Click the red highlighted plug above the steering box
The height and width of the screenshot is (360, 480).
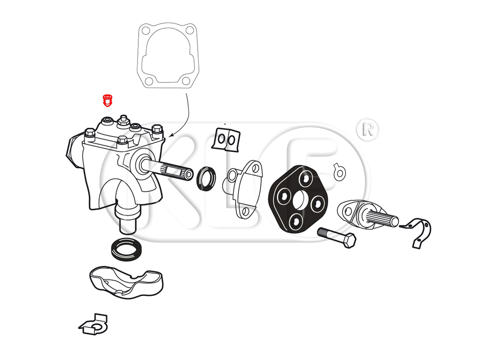click(x=107, y=100)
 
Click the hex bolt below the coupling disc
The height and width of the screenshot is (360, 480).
click(x=337, y=237)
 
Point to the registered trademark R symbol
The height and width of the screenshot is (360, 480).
click(x=367, y=130)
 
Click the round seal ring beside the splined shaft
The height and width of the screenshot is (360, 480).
click(x=206, y=178)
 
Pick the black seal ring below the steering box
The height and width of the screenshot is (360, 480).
click(x=127, y=249)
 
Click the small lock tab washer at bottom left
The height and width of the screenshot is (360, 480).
click(x=93, y=325)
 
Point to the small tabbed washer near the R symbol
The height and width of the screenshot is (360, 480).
click(x=339, y=172)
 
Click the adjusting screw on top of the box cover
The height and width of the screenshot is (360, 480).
click(x=123, y=121)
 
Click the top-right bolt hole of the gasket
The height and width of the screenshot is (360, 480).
click(x=190, y=30)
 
